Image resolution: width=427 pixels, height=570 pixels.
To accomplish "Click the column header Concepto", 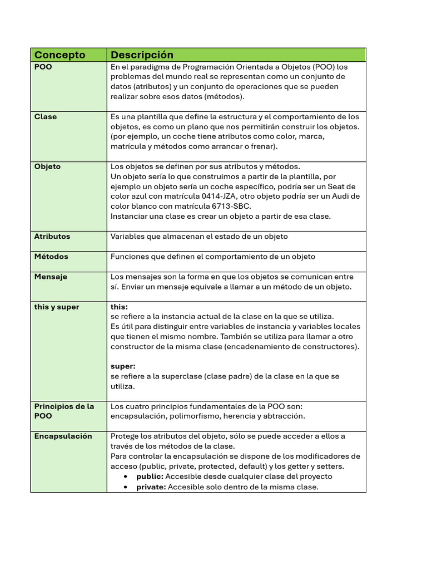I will (60, 55).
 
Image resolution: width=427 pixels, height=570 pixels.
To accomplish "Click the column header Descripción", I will (142, 55).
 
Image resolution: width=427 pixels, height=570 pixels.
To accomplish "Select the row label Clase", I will (46, 117).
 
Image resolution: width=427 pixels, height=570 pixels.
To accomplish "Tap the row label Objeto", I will (48, 166).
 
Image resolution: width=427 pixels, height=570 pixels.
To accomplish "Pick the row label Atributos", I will (52, 237).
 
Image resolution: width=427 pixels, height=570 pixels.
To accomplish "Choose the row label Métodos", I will (51, 257).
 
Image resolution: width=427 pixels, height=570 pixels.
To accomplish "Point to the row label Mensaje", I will (51, 277).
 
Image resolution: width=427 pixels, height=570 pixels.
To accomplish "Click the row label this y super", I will (57, 307).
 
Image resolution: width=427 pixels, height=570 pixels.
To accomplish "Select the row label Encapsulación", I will (63, 436).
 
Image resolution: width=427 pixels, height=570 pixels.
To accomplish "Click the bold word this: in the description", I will (119, 307).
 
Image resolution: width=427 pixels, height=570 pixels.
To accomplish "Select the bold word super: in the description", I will (123, 366).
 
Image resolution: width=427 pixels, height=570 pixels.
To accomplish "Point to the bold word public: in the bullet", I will (150, 476).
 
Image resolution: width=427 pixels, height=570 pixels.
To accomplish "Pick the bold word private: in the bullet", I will (151, 487).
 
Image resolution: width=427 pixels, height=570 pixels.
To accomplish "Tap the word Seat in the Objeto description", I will (338, 186).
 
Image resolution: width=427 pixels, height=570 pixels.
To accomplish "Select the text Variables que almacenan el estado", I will (171, 237).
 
